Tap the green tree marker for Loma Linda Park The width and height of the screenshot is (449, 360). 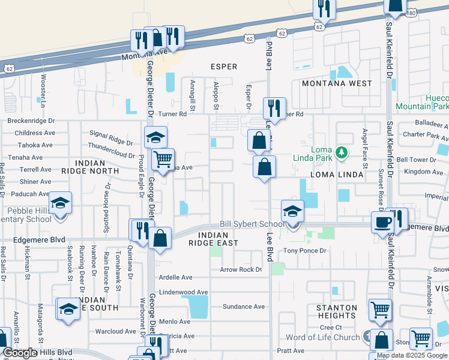[x=342, y=153]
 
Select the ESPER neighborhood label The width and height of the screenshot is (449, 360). [x=223, y=67]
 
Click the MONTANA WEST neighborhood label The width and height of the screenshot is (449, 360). [x=337, y=83]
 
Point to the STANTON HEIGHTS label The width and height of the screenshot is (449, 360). [x=337, y=311]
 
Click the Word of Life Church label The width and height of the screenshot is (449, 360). [x=322, y=338]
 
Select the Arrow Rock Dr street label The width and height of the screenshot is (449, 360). [x=241, y=269]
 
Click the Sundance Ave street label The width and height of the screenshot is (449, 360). [x=243, y=307]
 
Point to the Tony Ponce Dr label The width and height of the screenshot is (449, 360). [x=304, y=250]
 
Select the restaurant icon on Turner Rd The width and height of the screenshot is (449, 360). [x=274, y=108]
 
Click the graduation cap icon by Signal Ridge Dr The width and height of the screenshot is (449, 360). [x=155, y=137]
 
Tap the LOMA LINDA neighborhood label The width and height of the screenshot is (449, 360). [x=336, y=175]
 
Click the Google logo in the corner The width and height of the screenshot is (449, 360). [x=20, y=353]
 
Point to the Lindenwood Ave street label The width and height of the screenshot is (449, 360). [x=183, y=292]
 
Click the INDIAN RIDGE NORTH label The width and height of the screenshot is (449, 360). [x=98, y=167]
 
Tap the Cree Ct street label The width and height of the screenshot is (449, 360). [x=330, y=327]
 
